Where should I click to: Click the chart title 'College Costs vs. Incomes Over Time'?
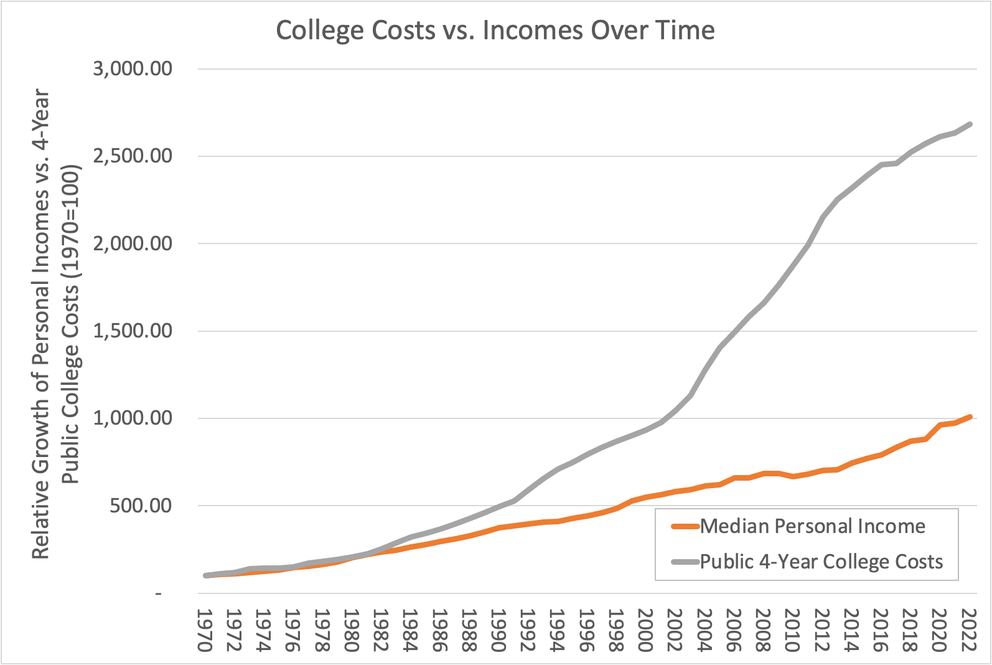495,31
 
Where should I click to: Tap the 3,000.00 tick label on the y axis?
133,68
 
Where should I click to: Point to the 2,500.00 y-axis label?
133,156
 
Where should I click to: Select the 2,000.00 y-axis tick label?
133,243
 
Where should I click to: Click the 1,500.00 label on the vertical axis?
133,331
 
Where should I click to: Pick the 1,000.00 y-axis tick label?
133,418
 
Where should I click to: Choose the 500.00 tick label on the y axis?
141,506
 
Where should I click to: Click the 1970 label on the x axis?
205,630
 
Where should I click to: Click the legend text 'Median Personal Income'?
813,527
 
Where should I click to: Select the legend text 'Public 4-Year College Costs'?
821,562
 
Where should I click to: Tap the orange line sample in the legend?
685,527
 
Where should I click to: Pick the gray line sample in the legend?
685,562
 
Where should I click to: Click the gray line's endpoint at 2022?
970,125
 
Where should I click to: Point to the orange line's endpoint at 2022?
970,417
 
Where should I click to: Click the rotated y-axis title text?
56,324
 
